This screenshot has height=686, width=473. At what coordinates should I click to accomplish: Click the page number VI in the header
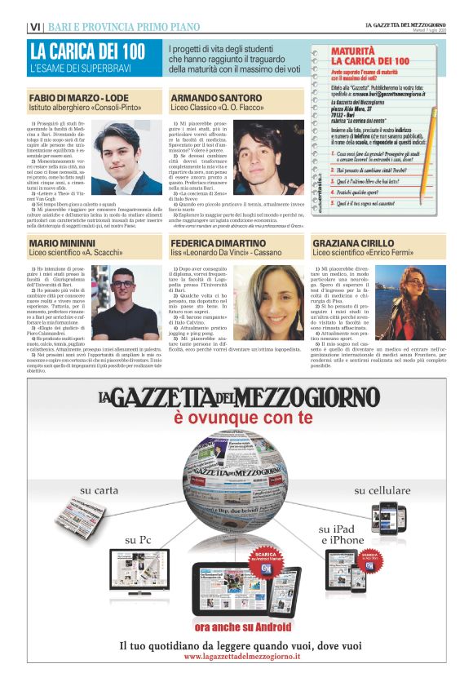[36, 27]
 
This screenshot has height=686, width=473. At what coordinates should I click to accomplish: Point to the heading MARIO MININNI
[62, 244]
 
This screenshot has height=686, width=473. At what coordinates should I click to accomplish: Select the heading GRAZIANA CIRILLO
[357, 244]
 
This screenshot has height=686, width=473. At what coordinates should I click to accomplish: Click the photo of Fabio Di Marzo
[128, 157]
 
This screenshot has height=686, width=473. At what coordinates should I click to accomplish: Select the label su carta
[98, 490]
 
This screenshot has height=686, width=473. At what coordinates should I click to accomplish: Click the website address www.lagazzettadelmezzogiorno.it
[236, 657]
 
